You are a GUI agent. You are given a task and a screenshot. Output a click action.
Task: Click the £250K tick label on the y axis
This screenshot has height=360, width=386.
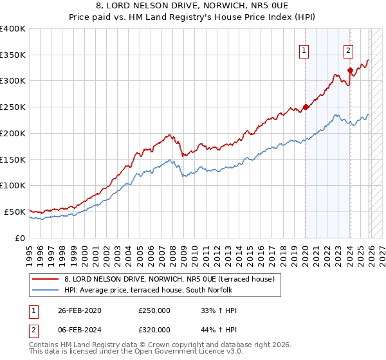pos(13,107)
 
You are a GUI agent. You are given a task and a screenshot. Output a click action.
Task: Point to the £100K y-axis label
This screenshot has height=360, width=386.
pos(13,185)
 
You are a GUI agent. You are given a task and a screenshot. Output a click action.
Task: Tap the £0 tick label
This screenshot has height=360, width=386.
pos(19,238)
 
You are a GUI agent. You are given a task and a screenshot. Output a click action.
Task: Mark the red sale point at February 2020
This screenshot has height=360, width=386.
pos(306,107)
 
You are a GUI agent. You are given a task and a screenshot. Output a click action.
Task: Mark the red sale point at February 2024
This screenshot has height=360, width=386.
pos(350,71)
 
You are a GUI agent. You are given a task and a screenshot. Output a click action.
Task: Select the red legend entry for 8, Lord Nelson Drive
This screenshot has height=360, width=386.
pos(169,279)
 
